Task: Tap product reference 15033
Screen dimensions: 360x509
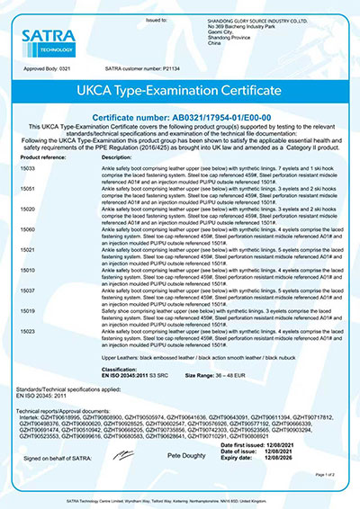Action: (28, 168)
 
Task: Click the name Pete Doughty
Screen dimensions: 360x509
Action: (183, 458)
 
